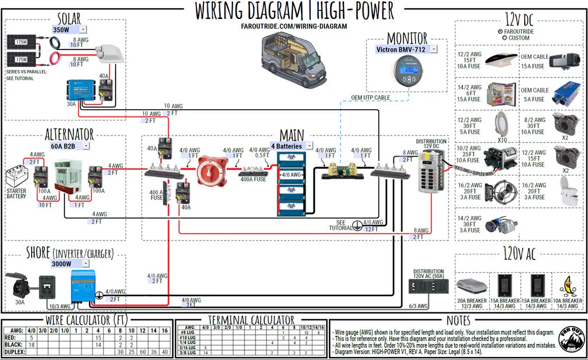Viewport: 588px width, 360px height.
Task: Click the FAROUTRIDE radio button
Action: (x=500, y=31)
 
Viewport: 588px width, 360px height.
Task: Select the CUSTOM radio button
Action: (x=504, y=38)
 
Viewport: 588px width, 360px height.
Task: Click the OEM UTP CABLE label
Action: (x=370, y=98)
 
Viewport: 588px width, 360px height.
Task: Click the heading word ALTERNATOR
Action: (x=69, y=135)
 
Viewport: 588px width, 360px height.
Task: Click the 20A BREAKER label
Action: (x=471, y=301)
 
